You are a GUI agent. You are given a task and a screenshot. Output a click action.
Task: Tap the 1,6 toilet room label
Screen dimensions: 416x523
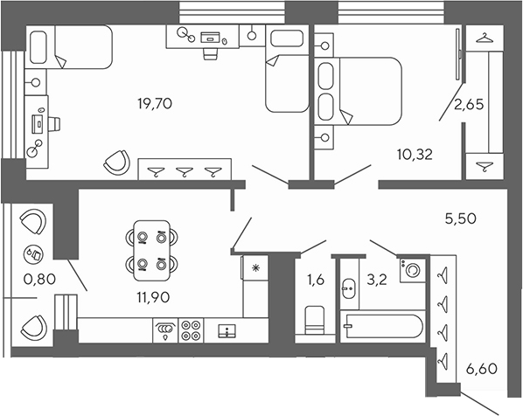[x=315, y=281]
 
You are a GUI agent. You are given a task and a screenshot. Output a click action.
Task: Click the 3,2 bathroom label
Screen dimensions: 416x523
[x=376, y=281]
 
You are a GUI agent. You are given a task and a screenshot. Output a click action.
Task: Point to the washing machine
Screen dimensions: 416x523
[x=410, y=270]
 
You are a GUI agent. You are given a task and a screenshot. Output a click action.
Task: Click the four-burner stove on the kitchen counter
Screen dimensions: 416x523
[x=192, y=329]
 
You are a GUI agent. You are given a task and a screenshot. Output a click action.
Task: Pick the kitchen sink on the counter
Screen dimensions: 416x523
[x=227, y=329]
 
